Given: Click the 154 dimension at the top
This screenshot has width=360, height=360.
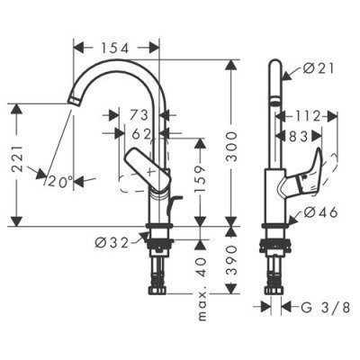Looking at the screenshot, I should point(116,46).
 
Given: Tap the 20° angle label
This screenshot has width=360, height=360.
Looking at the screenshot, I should point(59,181).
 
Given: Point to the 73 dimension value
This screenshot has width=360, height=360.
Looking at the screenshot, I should point(139,115).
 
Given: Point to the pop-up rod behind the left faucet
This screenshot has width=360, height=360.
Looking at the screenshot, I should point(177,200).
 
